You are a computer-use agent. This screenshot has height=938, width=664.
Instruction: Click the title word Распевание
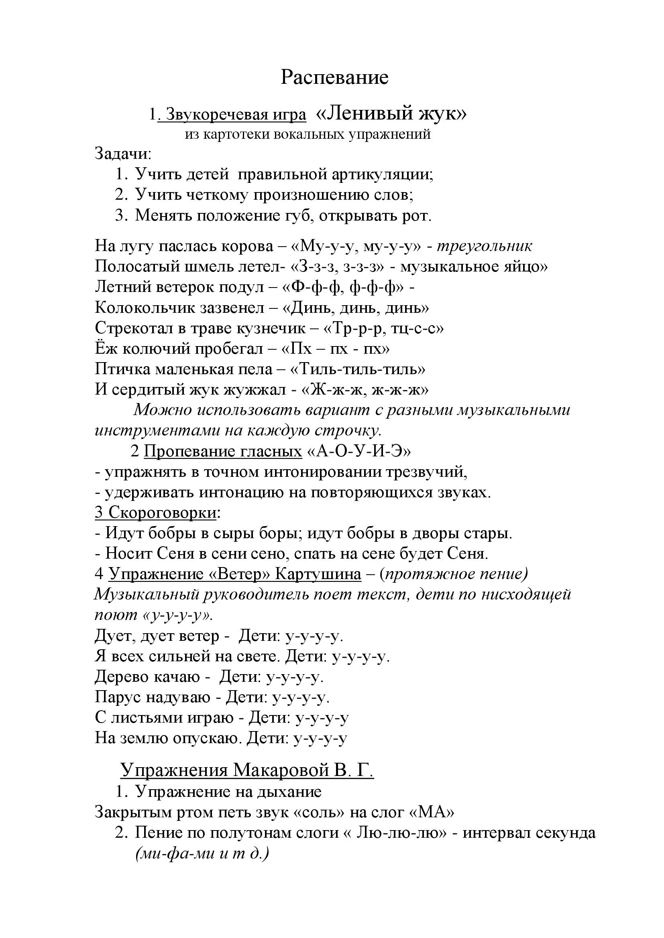[334, 78]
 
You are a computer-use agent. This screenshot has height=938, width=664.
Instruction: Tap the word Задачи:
[123, 154]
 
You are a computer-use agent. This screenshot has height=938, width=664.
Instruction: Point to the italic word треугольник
[485, 246]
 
